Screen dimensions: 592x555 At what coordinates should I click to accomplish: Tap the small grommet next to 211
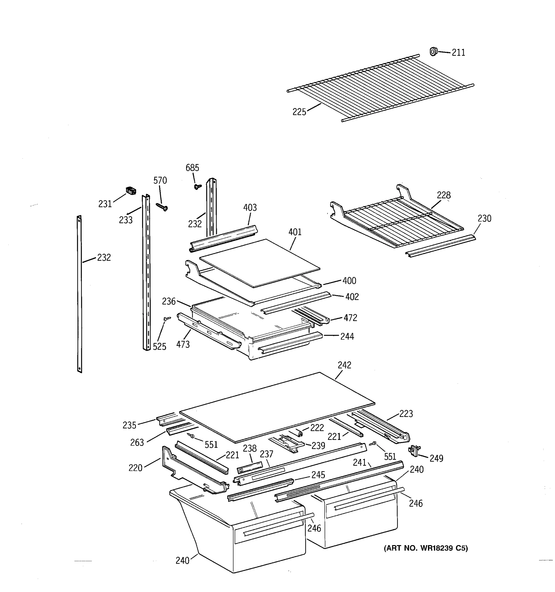click(x=433, y=52)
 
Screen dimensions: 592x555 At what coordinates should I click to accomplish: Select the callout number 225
click(x=299, y=112)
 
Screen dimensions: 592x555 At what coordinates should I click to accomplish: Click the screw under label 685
click(x=197, y=186)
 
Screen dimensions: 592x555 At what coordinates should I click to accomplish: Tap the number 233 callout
click(x=126, y=220)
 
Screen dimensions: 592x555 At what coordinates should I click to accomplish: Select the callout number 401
click(x=295, y=232)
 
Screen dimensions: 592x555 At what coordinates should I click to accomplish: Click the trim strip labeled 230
click(x=441, y=246)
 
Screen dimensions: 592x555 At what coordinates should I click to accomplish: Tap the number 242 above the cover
click(x=345, y=365)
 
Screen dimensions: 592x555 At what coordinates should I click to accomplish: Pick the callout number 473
click(x=183, y=345)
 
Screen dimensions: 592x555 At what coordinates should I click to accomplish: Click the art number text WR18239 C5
click(x=426, y=548)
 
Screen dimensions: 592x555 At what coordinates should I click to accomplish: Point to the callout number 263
click(x=137, y=443)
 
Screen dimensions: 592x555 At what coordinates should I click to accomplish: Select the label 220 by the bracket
click(x=135, y=468)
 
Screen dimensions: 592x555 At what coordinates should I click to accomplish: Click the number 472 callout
click(x=350, y=318)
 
